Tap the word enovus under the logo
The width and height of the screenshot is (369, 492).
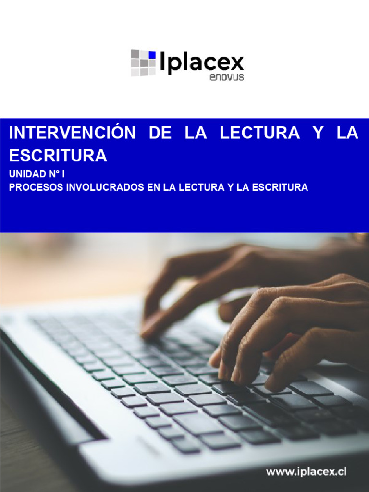click(x=227, y=77)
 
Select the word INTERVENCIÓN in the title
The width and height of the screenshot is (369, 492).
click(x=73, y=134)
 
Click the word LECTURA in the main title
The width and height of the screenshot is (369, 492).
click(x=260, y=134)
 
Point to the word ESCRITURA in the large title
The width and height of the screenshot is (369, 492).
click(x=58, y=156)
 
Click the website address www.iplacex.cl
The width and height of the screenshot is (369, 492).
click(x=306, y=472)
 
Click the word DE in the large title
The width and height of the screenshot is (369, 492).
click(x=160, y=134)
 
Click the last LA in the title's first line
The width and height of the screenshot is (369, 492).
click(x=347, y=134)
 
